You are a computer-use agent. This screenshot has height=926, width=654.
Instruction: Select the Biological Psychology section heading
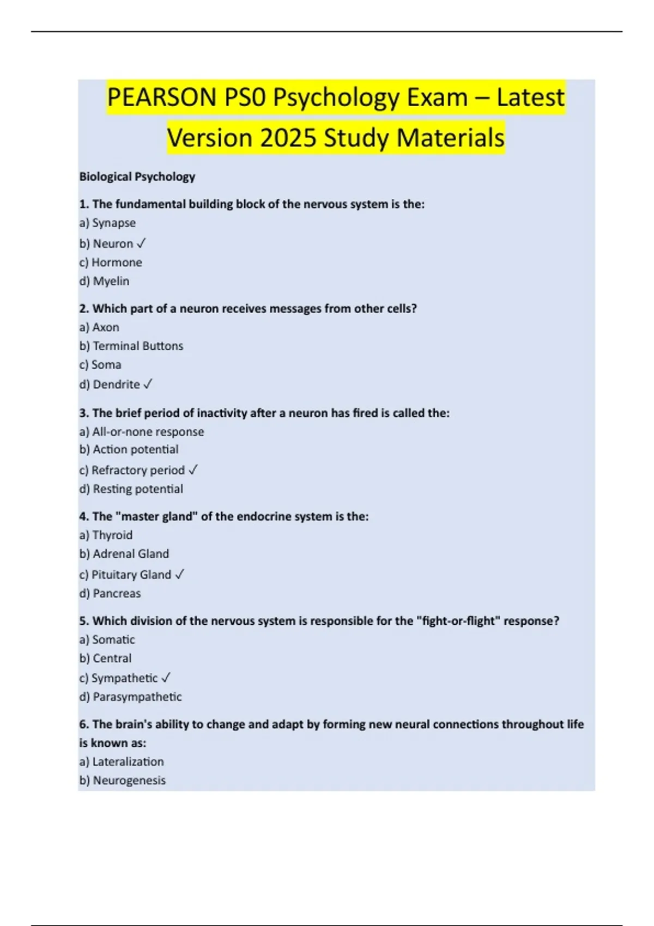tap(137, 176)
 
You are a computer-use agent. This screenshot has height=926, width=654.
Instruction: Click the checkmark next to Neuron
tap(142, 243)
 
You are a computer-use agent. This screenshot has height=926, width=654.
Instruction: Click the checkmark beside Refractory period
tap(193, 470)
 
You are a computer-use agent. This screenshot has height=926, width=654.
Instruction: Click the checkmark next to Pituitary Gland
tap(180, 574)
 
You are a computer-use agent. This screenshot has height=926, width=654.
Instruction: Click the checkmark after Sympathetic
tap(166, 678)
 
